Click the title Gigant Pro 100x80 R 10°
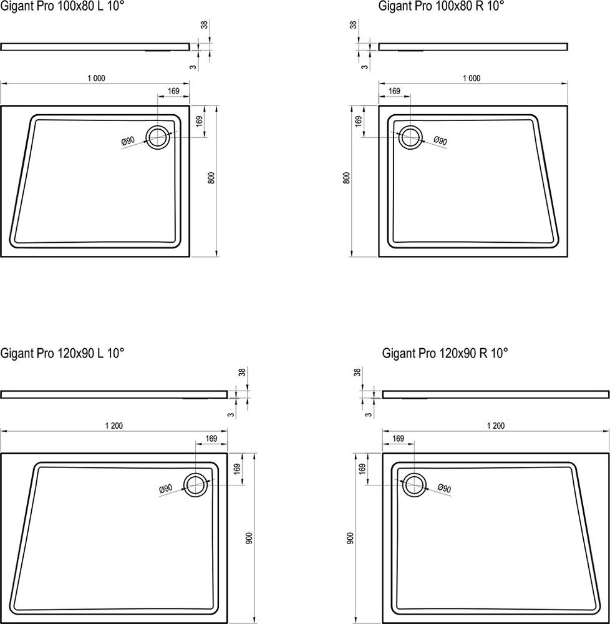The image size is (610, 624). click(x=441, y=6)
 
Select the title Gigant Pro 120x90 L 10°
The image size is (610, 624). click(x=62, y=353)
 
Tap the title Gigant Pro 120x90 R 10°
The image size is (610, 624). click(x=445, y=353)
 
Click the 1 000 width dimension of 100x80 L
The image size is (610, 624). click(x=96, y=79)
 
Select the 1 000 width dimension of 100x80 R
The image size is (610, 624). click(x=471, y=79)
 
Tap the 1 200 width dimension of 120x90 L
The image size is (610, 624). click(x=114, y=426)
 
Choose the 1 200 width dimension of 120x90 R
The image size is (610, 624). click(x=495, y=426)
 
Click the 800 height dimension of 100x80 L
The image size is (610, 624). click(x=211, y=177)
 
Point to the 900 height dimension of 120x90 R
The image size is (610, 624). click(x=350, y=539)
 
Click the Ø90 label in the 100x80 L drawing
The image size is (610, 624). click(x=128, y=140)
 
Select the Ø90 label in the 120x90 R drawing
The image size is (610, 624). click(x=444, y=488)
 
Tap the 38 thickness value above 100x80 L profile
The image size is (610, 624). click(x=204, y=25)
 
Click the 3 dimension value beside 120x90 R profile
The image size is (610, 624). click(x=369, y=415)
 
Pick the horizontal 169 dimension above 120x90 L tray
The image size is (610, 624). click(x=211, y=438)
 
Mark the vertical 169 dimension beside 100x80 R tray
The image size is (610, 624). click(x=358, y=121)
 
